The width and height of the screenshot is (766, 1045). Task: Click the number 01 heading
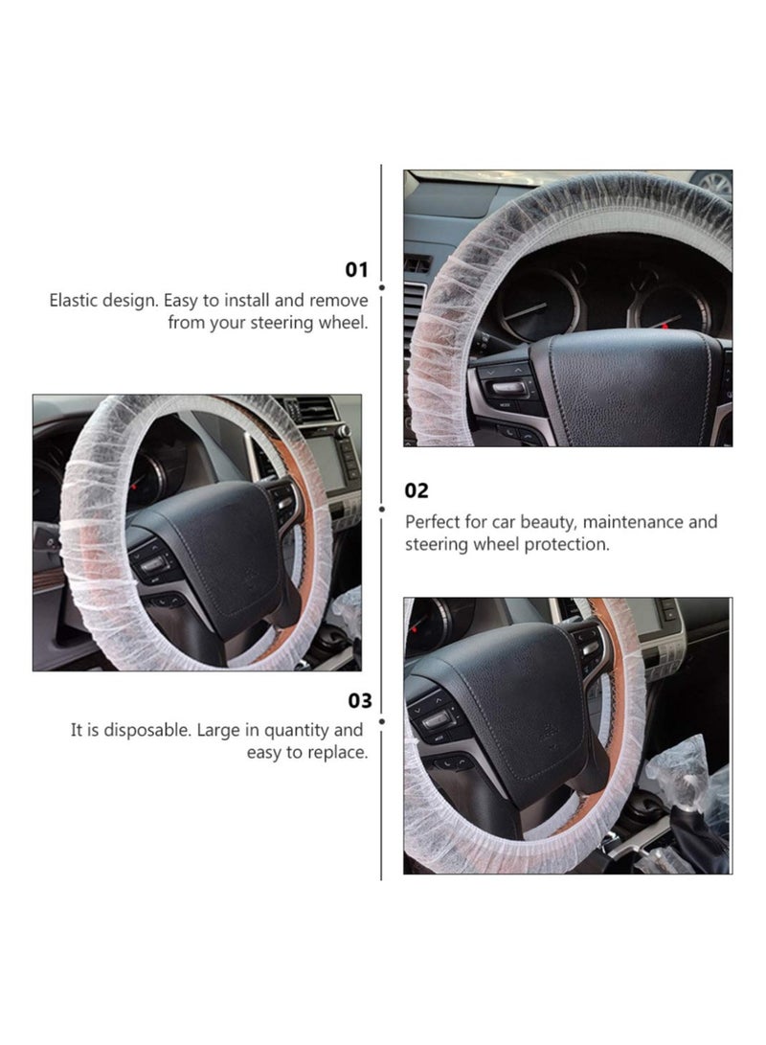click(356, 270)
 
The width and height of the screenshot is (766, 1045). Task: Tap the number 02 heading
click(417, 490)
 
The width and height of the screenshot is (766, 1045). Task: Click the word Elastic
click(76, 300)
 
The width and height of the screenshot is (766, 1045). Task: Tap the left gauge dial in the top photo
click(538, 305)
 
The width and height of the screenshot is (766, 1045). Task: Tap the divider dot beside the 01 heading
click(382, 286)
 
